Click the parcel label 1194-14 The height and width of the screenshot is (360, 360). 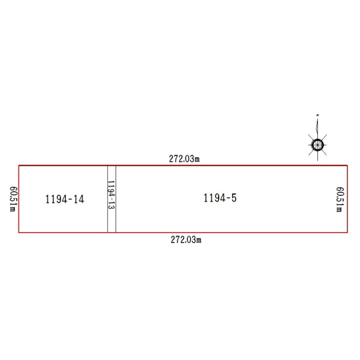tap(65, 199)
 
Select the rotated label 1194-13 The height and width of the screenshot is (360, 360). tap(111, 195)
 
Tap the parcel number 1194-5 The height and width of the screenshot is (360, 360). tap(220, 198)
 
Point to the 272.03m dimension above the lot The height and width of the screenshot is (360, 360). tap(184, 159)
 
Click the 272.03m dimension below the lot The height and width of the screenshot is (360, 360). tap(186, 240)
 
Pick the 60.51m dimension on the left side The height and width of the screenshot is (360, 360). tap(13, 199)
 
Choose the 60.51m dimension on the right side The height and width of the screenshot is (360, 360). tap(340, 199)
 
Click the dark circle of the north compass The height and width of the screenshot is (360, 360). tap(318, 145)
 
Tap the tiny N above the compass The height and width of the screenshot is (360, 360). tap(318, 115)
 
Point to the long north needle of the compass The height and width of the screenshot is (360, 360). tap(317, 129)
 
